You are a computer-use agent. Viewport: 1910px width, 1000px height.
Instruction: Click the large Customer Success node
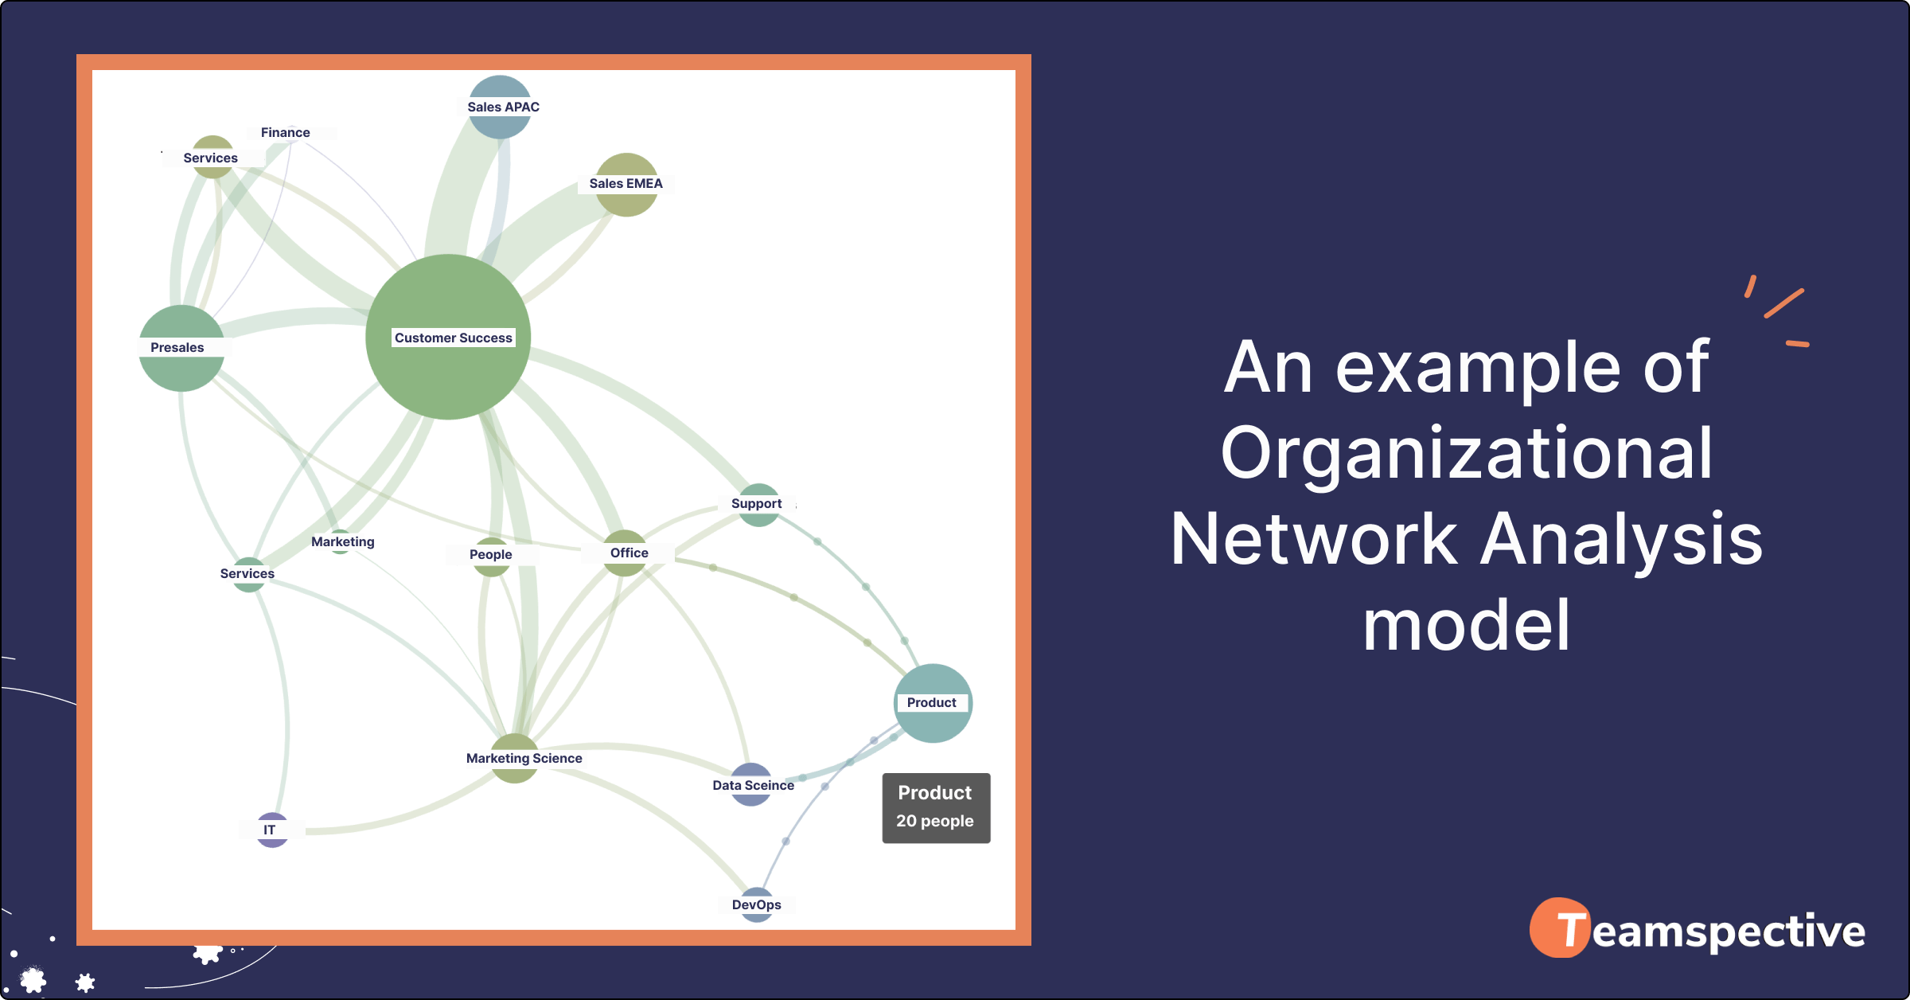point(448,337)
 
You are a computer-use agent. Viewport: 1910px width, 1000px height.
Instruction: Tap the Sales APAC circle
point(500,107)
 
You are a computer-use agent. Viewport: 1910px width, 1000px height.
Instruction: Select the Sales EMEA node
point(626,184)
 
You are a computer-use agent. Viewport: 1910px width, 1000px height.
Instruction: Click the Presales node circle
point(181,348)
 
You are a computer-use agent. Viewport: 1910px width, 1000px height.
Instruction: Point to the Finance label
point(286,133)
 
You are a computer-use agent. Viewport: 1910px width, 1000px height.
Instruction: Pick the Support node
point(758,504)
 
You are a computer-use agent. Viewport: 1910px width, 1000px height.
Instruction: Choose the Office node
point(626,553)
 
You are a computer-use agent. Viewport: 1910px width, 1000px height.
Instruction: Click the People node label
point(491,555)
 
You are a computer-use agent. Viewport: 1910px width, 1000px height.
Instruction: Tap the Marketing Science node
point(516,758)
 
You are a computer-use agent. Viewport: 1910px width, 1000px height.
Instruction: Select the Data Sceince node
point(751,785)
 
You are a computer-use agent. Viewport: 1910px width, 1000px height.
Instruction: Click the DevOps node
point(757,904)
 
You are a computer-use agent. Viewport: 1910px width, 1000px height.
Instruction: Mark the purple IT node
point(272,830)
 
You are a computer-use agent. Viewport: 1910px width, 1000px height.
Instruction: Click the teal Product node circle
point(933,702)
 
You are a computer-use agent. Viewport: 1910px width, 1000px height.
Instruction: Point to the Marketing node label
point(343,542)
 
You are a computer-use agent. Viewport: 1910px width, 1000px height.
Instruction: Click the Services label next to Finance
point(211,158)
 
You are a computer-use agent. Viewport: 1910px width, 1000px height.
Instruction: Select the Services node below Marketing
point(248,574)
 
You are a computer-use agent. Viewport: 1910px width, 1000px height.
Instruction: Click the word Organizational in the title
point(1466,454)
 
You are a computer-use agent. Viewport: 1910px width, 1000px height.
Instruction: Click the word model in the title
point(1466,627)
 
